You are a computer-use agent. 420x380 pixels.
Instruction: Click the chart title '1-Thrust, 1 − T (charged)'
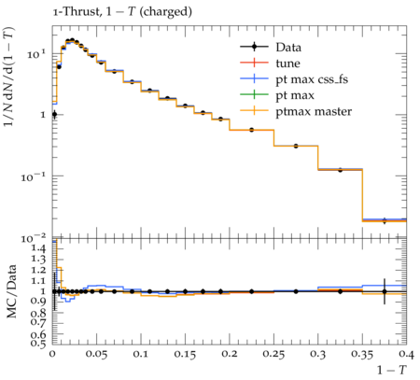coord(122,11)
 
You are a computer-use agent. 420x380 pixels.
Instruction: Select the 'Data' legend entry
coord(271,48)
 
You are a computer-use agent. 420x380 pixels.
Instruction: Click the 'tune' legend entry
coord(270,63)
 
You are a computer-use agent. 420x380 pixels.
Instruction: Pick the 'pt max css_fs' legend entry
coord(294,79)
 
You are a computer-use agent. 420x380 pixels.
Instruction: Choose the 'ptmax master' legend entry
coord(296,111)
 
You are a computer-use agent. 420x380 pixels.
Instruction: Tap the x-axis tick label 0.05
coord(96,355)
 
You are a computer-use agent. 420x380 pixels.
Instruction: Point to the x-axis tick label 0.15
coord(185,355)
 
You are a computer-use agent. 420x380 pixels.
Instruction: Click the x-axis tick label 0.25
coord(273,355)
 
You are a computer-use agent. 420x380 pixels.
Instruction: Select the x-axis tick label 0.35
coord(362,355)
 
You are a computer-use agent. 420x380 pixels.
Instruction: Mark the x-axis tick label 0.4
coord(406,355)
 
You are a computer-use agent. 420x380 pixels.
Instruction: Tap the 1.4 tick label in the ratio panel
coord(38,247)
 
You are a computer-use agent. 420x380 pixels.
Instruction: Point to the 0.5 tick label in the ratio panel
coord(38,343)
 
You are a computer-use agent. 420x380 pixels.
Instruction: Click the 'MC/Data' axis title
coord(11,291)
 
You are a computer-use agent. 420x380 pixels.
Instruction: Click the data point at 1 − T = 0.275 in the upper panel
coord(296,146)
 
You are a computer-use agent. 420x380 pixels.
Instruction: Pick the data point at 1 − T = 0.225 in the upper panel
coord(251,130)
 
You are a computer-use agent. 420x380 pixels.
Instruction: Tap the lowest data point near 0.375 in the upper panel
coord(385,221)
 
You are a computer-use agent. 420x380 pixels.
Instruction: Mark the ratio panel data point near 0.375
coord(385,291)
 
